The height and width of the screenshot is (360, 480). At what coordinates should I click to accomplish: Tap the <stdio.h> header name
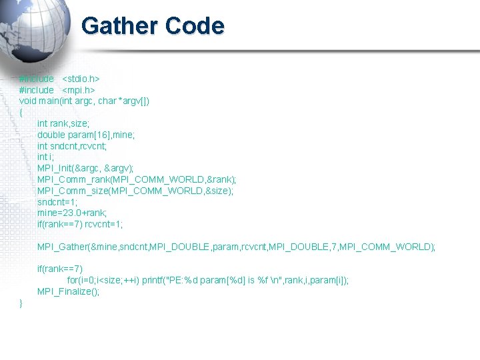tap(81, 79)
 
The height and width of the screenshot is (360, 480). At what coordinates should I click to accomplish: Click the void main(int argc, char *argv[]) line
tap(84, 101)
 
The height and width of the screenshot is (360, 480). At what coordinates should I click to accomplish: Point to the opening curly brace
tap(21, 112)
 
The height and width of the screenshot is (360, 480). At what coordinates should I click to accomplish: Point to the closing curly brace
tap(21, 303)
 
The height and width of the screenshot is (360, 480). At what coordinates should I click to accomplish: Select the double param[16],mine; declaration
tap(86, 135)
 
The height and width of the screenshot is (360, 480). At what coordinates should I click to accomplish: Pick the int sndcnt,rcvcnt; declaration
tap(72, 146)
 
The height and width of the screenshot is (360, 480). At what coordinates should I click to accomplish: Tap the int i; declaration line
tap(45, 157)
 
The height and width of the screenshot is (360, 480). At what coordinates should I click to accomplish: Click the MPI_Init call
tap(85, 169)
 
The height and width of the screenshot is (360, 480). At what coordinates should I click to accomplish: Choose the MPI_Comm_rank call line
tap(137, 180)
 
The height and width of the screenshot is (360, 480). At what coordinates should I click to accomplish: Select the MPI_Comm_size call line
tap(135, 191)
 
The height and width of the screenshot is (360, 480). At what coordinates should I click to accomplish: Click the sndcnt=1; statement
tap(57, 202)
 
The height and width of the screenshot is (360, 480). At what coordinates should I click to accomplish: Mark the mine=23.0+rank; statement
tap(72, 213)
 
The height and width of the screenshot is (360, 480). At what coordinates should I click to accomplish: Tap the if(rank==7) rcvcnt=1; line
tap(80, 225)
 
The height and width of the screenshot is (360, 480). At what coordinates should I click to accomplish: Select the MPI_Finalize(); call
tap(68, 292)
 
